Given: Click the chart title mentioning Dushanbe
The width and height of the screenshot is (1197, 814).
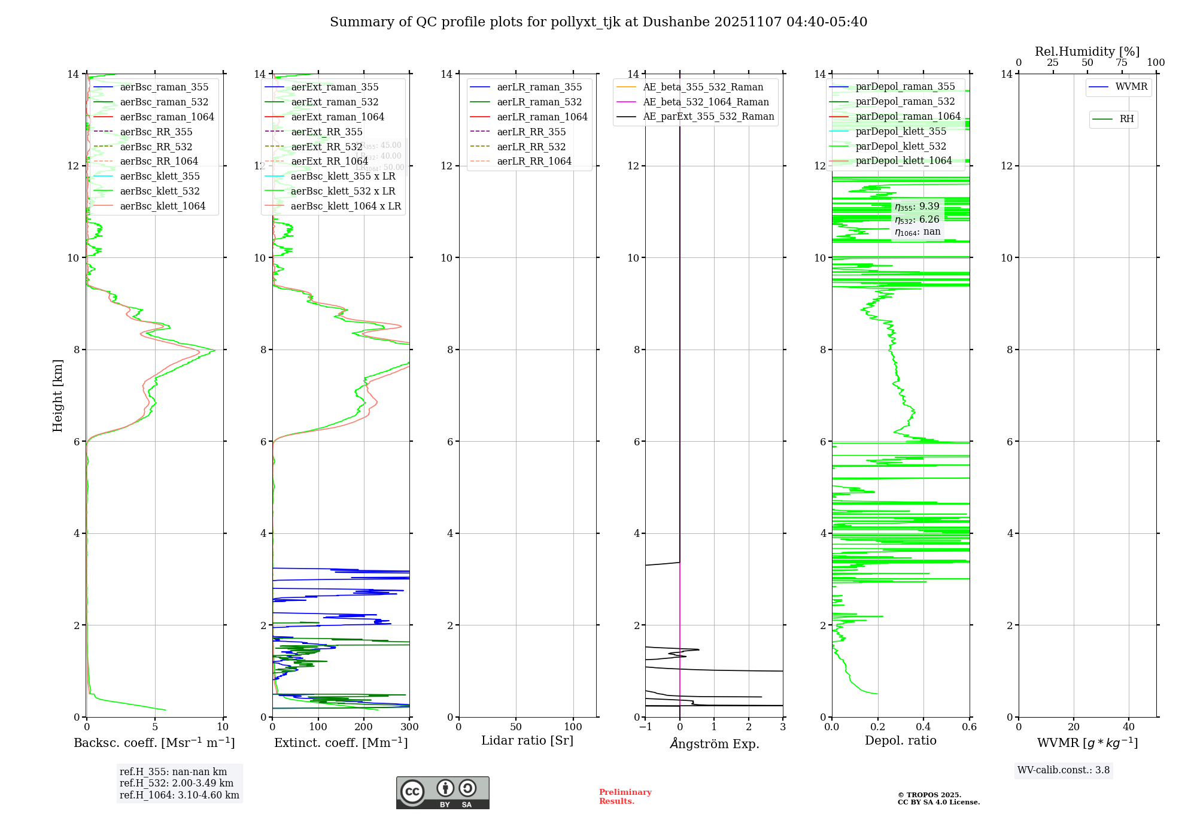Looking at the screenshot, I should coord(598,22).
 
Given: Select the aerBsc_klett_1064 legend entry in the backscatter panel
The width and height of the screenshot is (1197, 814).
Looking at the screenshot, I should coord(162,206).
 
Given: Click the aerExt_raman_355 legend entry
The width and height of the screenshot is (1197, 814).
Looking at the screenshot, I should coord(335,87).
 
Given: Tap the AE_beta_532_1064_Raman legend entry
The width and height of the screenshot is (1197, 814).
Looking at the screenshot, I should coord(706,102).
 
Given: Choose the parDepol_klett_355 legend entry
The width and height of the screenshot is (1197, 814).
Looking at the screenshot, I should coord(901,131).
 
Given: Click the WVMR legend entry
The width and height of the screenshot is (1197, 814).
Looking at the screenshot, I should coord(1131,87).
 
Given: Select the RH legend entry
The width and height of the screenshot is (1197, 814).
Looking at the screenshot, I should coord(1126,119).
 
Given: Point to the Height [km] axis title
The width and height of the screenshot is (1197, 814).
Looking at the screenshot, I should coord(57,395).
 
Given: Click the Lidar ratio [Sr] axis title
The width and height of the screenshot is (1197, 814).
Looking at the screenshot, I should coord(527,740).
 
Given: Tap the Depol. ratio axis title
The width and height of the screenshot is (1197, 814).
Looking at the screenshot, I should coord(900,740).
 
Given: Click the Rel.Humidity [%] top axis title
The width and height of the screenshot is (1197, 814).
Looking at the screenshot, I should coord(1087,51).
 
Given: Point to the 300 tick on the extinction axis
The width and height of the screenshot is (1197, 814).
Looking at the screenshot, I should coord(409,727).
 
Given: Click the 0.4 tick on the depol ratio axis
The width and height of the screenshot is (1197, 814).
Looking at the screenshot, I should coord(923,727).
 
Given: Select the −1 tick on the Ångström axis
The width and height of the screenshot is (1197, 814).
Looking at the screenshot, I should coord(645,727).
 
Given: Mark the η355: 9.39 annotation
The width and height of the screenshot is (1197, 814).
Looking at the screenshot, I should coord(917,206).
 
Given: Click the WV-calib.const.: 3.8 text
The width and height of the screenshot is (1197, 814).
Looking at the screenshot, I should coord(1064,770).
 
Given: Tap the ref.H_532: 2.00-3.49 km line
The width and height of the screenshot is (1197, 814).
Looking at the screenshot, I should coord(177,783).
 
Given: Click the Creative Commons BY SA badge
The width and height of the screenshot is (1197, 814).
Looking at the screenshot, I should coord(442,792).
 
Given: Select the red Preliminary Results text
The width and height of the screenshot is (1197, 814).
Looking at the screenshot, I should coord(625,796).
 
